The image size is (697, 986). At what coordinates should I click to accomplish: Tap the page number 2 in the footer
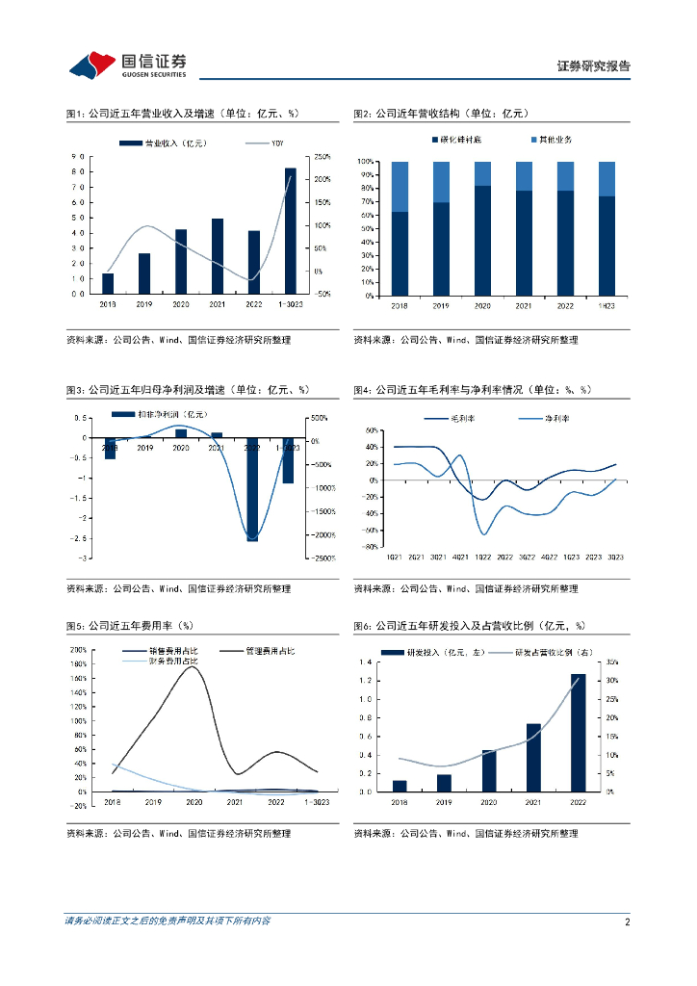(x=627, y=921)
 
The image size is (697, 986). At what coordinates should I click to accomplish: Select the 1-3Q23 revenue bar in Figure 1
(x=291, y=230)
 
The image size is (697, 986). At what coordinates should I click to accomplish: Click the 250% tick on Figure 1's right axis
(x=323, y=156)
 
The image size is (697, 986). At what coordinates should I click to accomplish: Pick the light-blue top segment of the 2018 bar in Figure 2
(x=400, y=187)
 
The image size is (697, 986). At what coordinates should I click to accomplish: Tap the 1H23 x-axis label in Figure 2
(x=607, y=305)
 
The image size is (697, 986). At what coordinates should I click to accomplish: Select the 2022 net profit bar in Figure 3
(x=252, y=489)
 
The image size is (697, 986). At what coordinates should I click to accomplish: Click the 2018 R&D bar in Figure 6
(x=400, y=786)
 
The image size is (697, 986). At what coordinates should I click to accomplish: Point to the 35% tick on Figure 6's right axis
(x=612, y=662)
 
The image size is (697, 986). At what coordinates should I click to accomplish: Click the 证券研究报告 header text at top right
(x=593, y=66)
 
